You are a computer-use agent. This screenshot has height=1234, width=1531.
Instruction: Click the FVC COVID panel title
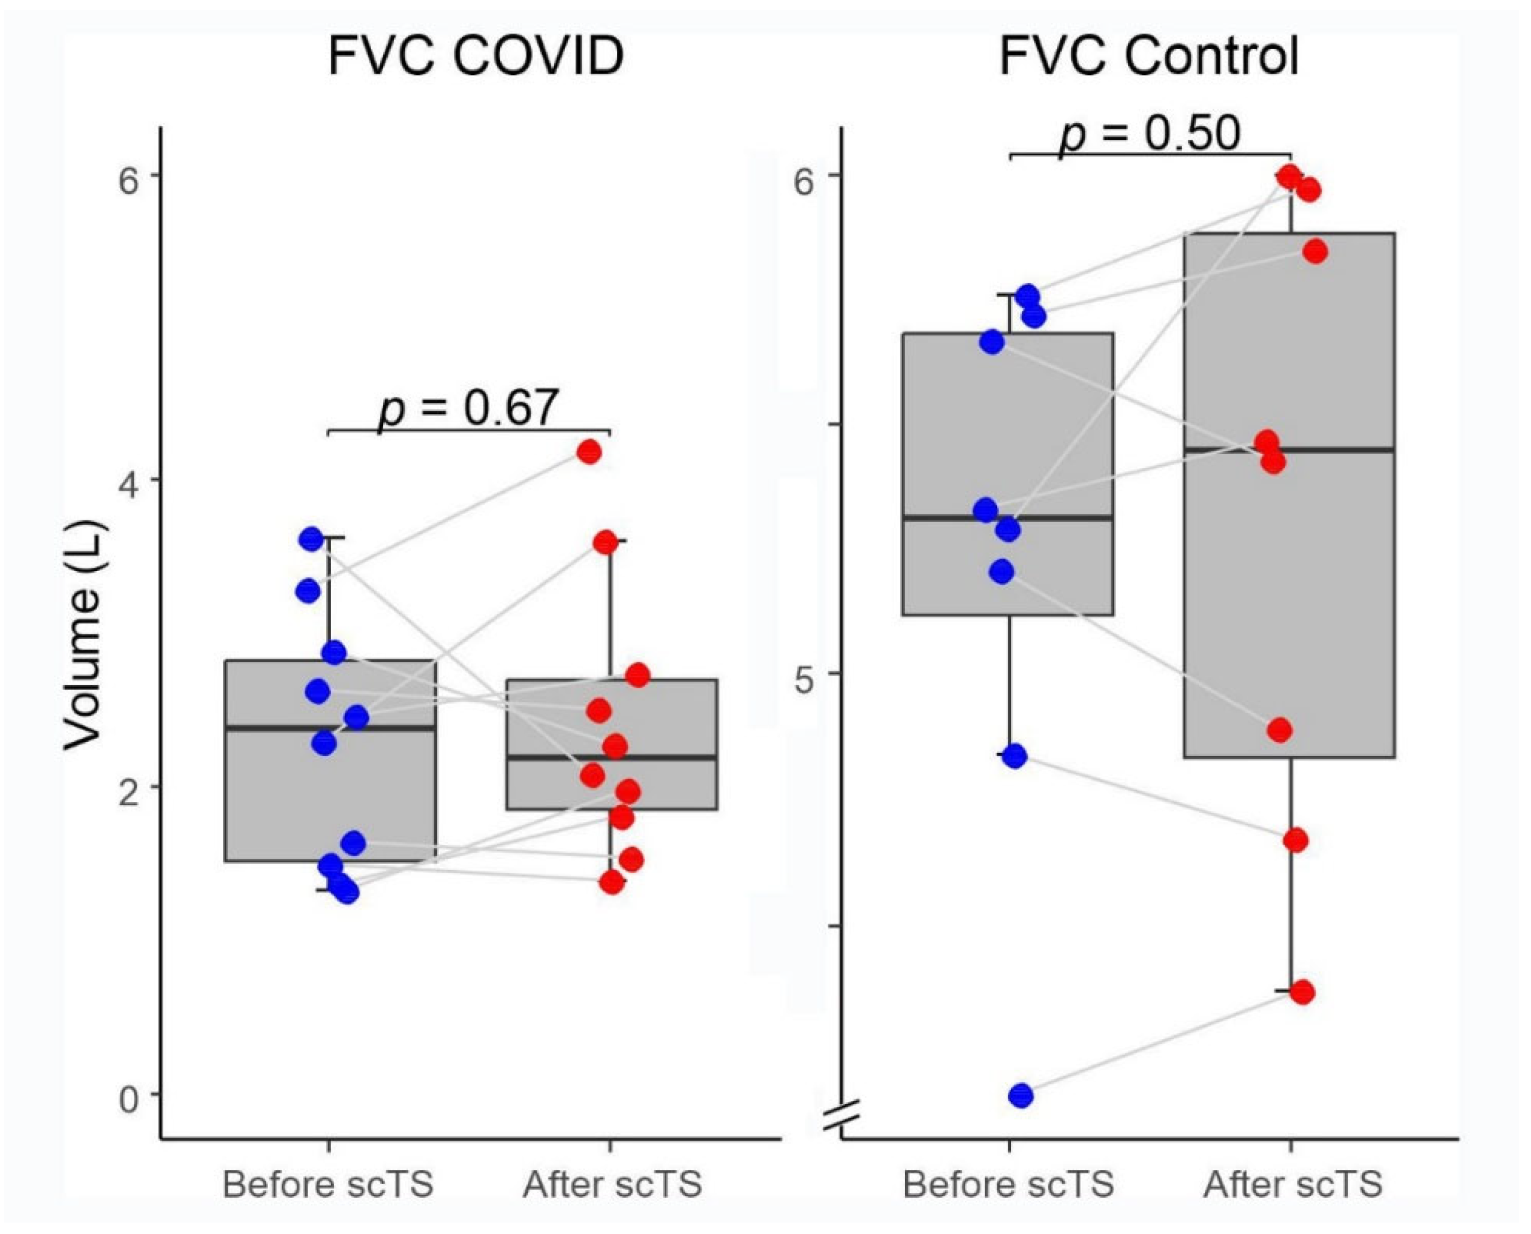pyautogui.click(x=476, y=57)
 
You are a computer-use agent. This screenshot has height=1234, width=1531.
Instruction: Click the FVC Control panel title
pyautogui.click(x=1149, y=57)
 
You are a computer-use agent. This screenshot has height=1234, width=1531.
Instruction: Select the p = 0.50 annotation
pyautogui.click(x=1150, y=133)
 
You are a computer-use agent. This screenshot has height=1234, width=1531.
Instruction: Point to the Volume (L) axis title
pyautogui.click(x=84, y=635)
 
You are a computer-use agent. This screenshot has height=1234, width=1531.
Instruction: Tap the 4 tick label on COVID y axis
pyautogui.click(x=128, y=480)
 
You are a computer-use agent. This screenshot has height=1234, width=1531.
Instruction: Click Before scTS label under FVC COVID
pyautogui.click(x=327, y=1184)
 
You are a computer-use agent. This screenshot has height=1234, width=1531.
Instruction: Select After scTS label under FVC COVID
pyautogui.click(x=612, y=1184)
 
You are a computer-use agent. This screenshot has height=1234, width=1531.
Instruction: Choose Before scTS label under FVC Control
pyautogui.click(x=1008, y=1184)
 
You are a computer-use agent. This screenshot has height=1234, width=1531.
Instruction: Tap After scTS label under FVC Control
pyautogui.click(x=1293, y=1184)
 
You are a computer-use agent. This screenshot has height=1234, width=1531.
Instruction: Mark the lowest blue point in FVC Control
pyautogui.click(x=1021, y=1095)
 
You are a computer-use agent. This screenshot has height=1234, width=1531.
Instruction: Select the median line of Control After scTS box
pyautogui.click(x=1289, y=450)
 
